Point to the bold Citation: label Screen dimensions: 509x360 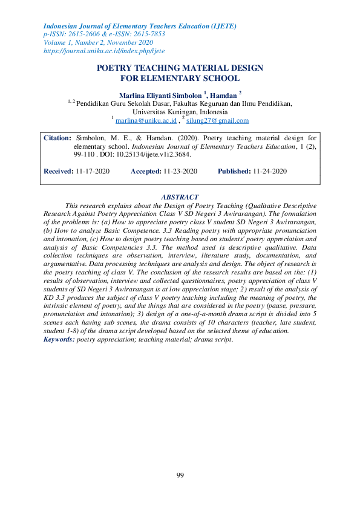click(x=58, y=138)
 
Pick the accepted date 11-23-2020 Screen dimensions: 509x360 click(x=180, y=172)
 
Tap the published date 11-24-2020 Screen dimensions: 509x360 click(x=270, y=172)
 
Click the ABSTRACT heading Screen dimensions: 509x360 click(x=180, y=197)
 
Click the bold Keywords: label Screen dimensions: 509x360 click(x=59, y=340)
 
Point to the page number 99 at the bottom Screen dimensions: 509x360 click(x=180, y=476)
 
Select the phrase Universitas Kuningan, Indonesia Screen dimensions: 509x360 click(x=180, y=112)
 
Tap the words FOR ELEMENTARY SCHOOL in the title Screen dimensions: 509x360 click(x=180, y=78)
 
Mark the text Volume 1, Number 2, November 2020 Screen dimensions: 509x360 click(x=98, y=43)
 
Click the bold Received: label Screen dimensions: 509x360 click(x=59, y=172)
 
